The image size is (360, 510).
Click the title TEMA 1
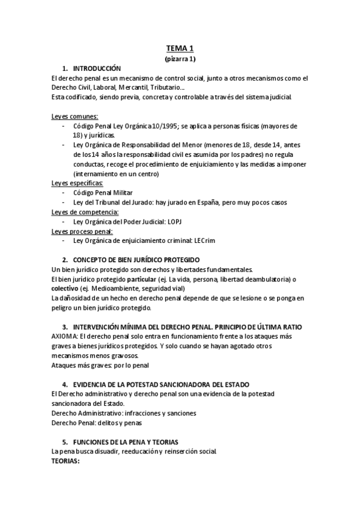coord(180,49)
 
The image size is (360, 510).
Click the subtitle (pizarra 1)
coord(180,59)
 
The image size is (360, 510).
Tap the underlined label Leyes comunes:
coord(75,116)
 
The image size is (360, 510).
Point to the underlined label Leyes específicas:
coord(78,183)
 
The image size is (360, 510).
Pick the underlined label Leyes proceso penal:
coord(82,230)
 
